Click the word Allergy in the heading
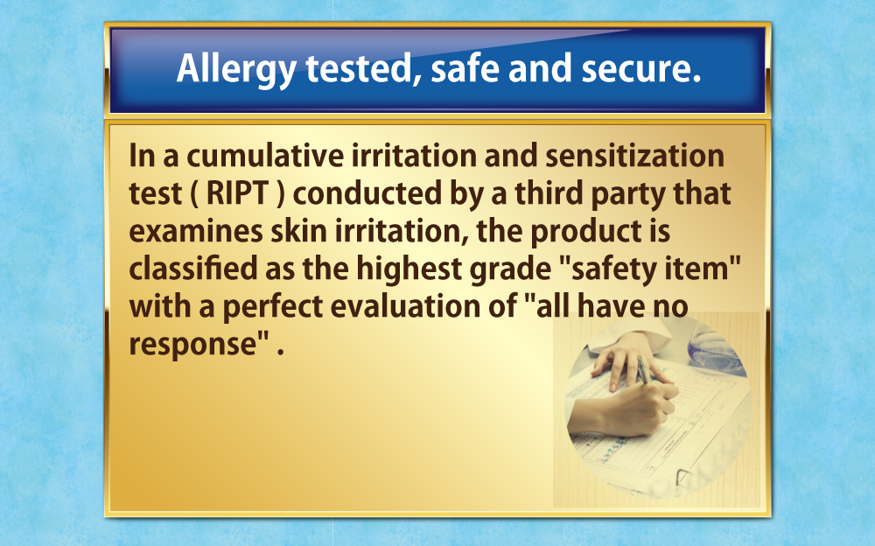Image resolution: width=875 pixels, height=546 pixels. [236, 69]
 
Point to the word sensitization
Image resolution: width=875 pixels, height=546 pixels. [634, 155]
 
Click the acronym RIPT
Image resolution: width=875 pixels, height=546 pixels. [237, 193]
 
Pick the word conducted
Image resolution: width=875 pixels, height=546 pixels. [367, 193]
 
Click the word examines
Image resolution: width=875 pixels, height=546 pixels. [196, 231]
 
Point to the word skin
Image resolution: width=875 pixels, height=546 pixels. [298, 231]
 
